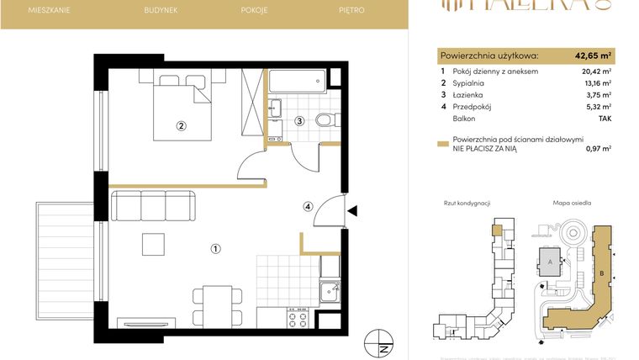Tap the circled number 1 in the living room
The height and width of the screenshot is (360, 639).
(x=216, y=248)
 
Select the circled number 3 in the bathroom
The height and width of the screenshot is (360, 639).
(x=298, y=121)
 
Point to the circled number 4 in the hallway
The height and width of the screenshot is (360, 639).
(x=309, y=206)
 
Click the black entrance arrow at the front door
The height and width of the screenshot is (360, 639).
(x=353, y=211)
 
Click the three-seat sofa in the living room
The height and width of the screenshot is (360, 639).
(x=153, y=206)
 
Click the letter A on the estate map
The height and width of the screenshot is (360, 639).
(x=550, y=262)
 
